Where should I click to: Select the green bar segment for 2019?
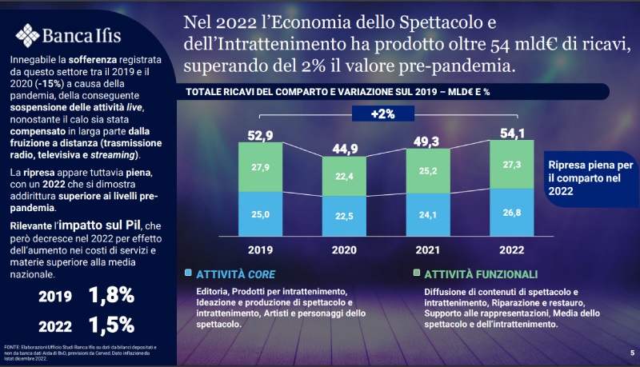click(261, 166)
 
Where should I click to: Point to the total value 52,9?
click(261, 134)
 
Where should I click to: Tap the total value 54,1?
click(513, 133)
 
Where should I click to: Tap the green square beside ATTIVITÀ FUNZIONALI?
click(416, 273)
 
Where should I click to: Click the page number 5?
click(631, 352)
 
